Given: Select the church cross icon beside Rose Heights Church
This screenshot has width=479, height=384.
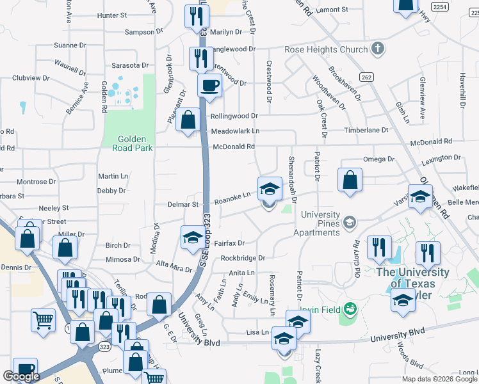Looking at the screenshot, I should [378, 48].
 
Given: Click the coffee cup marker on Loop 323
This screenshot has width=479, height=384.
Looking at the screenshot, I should [209, 85].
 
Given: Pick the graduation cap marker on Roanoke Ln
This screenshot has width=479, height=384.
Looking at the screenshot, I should [270, 189].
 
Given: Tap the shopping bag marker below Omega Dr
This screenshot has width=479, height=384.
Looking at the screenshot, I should [350, 180].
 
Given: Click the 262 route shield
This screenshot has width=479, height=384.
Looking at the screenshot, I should [366, 77].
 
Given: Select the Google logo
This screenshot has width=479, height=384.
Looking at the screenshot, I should [22, 376].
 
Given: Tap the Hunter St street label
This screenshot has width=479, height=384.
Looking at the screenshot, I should [113, 15].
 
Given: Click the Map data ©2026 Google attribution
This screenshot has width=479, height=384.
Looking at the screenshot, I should [439, 378].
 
